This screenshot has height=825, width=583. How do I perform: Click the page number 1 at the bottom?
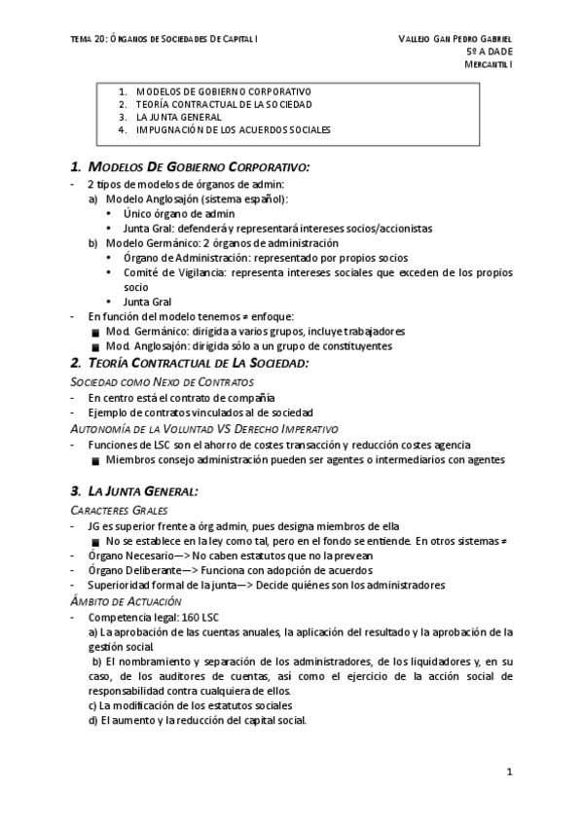click(508, 771)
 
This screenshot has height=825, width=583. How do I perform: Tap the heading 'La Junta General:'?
click(143, 491)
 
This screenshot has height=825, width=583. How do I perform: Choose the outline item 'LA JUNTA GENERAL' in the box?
click(178, 116)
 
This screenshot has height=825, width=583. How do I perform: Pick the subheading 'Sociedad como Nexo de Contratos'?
click(149, 382)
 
